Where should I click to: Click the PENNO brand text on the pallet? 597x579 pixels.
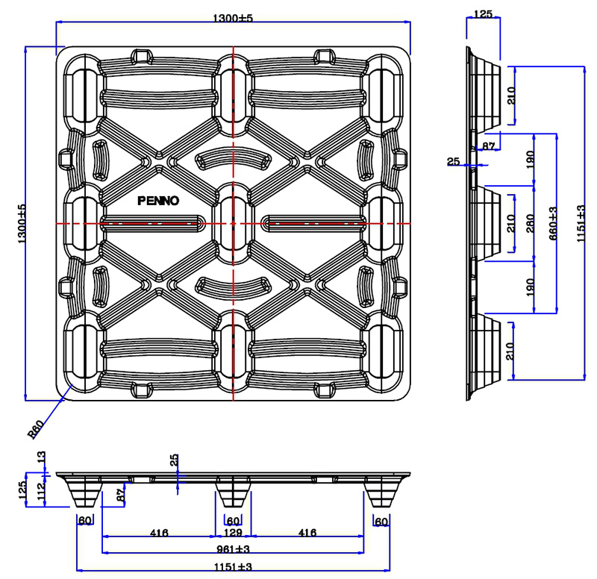[158, 201]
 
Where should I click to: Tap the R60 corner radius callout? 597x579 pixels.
[35, 431]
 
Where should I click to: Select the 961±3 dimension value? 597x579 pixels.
[233, 549]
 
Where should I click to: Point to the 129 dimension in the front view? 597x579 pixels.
[234, 533]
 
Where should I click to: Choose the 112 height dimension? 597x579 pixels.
[40, 490]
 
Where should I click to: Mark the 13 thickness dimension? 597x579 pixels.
[41, 457]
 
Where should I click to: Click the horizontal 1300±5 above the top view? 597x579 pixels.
[233, 18]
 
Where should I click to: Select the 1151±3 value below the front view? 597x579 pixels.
[233, 568]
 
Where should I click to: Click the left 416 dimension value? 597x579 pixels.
[159, 533]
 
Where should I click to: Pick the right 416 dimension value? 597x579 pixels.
[307, 533]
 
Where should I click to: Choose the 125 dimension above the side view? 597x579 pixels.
[484, 14]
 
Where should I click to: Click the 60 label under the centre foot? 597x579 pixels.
[233, 521]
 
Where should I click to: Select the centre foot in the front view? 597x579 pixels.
[234, 493]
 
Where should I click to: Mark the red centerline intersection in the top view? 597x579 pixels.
[234, 223]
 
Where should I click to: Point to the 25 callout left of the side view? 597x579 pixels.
[454, 161]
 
